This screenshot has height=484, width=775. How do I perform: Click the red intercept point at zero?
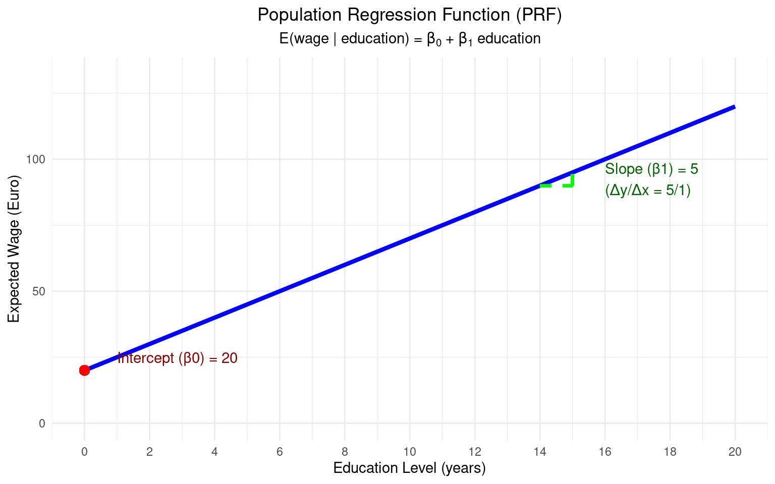pos(84,370)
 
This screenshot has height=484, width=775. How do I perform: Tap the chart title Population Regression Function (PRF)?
pos(409,15)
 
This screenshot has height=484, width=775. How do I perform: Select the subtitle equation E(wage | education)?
pos(409,39)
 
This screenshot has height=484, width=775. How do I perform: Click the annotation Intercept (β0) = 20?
pos(177,358)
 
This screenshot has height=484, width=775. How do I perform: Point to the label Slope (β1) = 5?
pos(651,169)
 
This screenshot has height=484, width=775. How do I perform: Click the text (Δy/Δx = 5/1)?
pos(647,191)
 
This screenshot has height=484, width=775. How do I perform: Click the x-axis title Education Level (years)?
pos(409,468)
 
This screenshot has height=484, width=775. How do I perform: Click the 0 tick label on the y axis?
pos(42,423)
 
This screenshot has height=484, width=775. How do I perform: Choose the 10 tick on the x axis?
pos(409,452)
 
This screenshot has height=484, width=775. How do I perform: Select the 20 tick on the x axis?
pos(735,452)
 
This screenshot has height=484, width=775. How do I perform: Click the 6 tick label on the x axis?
pos(280,452)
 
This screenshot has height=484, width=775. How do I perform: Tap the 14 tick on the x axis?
pos(539,452)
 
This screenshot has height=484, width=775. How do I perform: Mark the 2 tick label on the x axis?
pos(149,452)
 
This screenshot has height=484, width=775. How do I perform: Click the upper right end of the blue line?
pos(734,107)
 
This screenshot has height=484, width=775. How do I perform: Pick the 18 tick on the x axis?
pos(670,452)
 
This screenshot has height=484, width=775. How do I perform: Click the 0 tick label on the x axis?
pos(84,452)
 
